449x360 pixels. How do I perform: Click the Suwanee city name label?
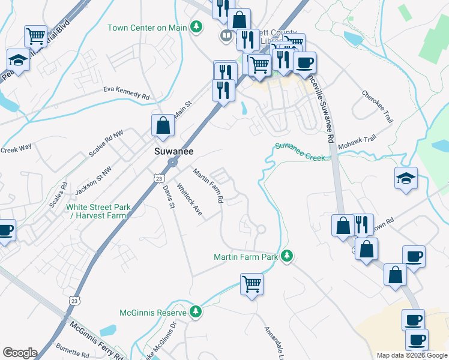[x=173, y=152]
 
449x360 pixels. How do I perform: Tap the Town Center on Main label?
[x=147, y=28]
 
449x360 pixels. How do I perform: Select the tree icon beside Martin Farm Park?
[x=288, y=256]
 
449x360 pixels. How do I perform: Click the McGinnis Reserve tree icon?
[x=195, y=311]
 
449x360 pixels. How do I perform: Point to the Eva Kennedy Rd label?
[x=126, y=92]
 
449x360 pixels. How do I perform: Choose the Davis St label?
[x=167, y=196]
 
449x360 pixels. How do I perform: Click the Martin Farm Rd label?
[x=208, y=185]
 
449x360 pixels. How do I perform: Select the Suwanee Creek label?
[x=300, y=152]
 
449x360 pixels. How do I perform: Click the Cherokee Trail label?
[x=378, y=107]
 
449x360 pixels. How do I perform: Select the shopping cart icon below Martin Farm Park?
[x=252, y=284]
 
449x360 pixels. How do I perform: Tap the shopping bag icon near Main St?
[x=162, y=125]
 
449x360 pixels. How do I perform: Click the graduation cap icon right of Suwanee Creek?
[x=406, y=178]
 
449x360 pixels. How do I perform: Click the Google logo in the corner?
[x=20, y=353]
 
